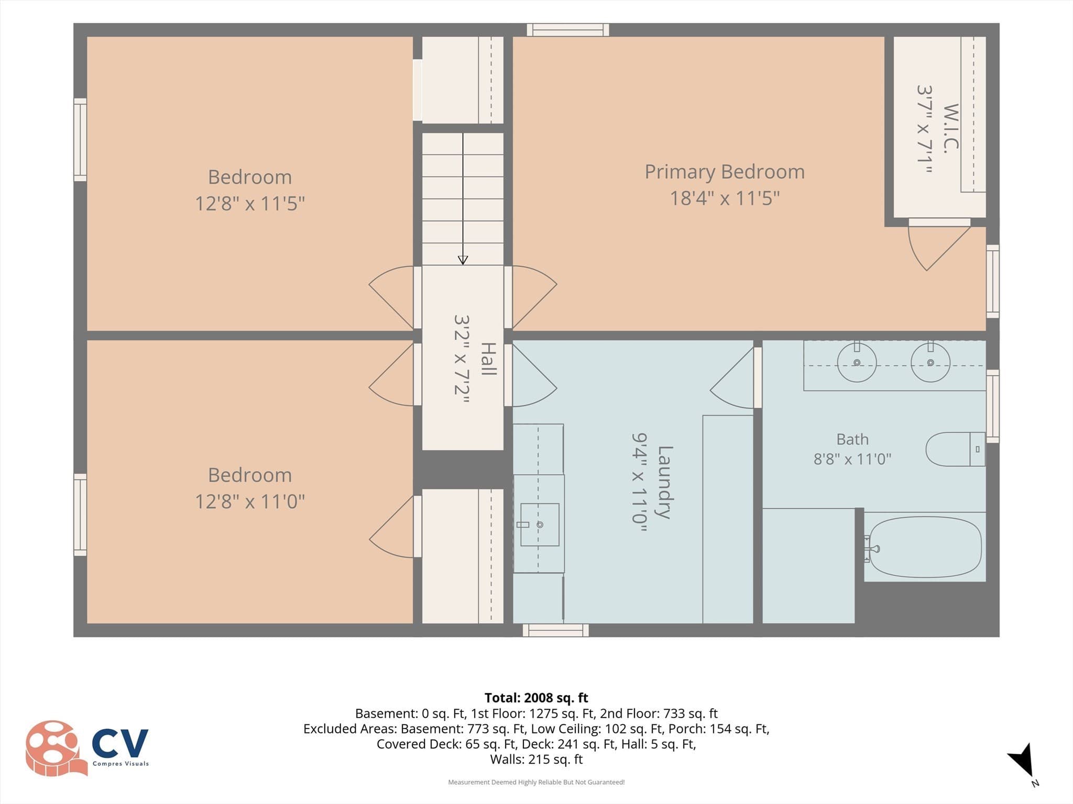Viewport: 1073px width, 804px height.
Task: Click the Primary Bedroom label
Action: tap(725, 172)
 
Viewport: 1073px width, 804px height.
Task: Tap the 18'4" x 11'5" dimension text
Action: tap(725, 198)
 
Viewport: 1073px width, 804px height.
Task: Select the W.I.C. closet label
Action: tap(951, 129)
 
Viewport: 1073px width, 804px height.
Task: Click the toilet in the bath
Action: tap(955, 449)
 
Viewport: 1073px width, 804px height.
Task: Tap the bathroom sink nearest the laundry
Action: tap(857, 362)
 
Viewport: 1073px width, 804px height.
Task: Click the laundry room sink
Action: tap(539, 524)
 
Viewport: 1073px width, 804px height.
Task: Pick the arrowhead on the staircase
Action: tap(463, 260)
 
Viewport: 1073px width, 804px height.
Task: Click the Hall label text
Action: tap(488, 359)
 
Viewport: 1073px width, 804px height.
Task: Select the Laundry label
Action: tap(664, 482)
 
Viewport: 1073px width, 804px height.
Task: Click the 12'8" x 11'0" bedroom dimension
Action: tap(250, 501)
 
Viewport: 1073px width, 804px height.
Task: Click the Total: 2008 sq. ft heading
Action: tap(536, 698)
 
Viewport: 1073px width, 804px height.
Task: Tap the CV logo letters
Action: tap(121, 743)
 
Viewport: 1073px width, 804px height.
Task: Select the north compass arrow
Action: tap(1022, 762)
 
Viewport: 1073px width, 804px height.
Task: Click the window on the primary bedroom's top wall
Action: tap(568, 30)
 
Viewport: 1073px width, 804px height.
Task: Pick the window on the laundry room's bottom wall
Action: tap(555, 630)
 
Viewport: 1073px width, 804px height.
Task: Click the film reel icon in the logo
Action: tap(56, 747)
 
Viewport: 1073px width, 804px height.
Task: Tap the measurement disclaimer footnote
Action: tap(536, 782)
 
